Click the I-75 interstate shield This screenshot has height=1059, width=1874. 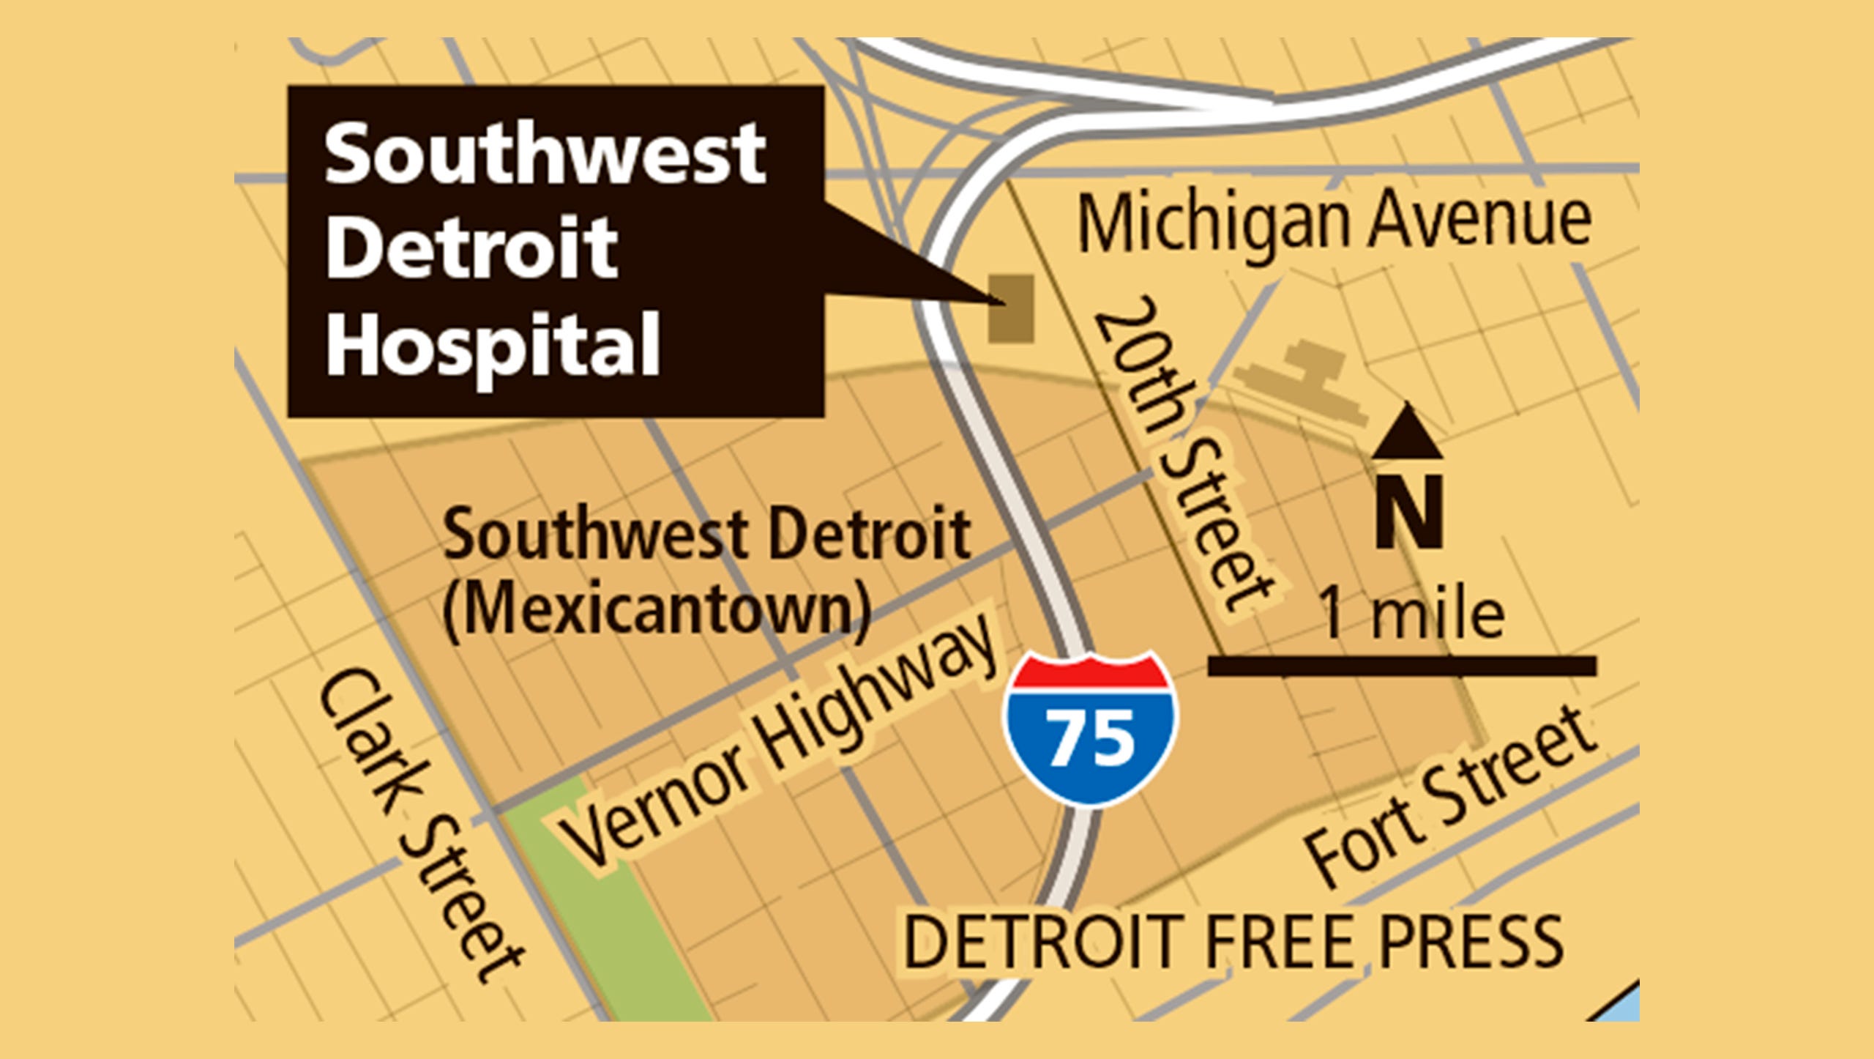coord(1091,729)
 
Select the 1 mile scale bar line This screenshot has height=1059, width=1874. coord(1401,665)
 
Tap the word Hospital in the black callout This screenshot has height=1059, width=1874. coord(493,343)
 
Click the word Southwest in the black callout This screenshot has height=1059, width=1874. coord(545,155)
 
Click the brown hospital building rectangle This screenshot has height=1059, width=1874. coord(1011,308)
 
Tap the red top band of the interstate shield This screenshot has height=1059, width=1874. coord(1091,672)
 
